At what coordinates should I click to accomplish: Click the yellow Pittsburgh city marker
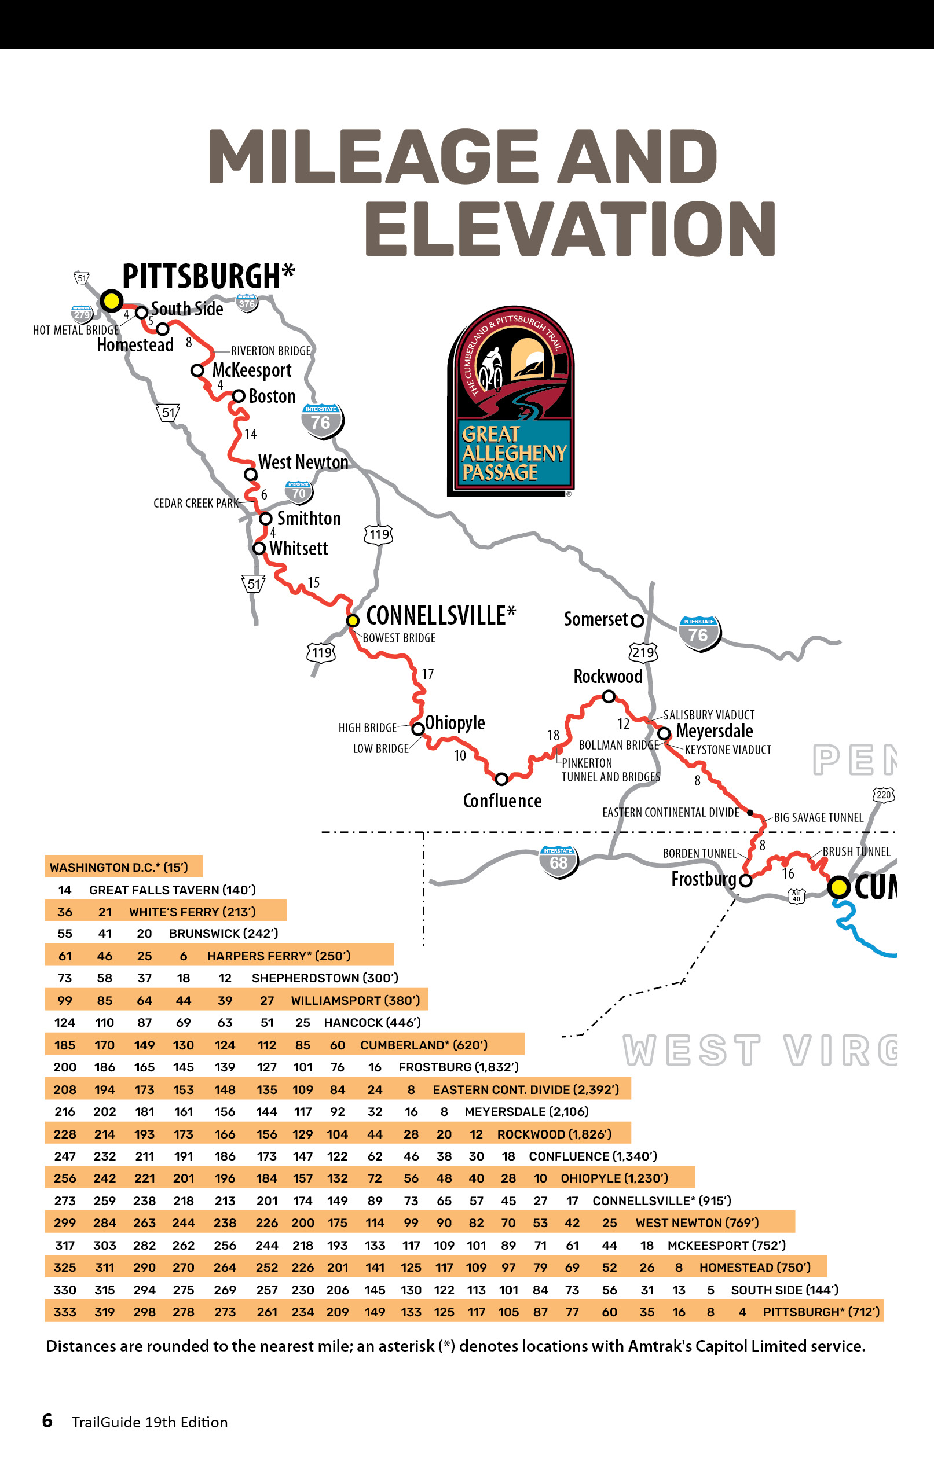coord(111,300)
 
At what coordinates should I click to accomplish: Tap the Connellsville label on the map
coord(440,615)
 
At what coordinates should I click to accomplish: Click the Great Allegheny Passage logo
coord(511,401)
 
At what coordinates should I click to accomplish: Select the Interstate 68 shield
coord(558,861)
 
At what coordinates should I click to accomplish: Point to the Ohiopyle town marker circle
coord(417,728)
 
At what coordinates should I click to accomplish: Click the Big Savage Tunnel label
coord(818,817)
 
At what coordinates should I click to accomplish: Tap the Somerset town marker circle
coord(637,620)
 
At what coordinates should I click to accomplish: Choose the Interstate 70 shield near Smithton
coord(299,491)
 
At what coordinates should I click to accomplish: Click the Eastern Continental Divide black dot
coord(750,812)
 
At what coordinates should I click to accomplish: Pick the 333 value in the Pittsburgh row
coord(65,1312)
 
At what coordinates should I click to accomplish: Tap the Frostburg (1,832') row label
coord(458,1067)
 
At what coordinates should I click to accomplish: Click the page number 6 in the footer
coord(47,1421)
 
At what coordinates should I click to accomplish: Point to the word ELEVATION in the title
coord(570,228)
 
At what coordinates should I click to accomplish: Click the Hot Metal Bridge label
coord(76,330)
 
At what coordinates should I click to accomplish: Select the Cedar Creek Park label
coord(196,502)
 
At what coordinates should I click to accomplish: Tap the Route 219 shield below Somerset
coord(643,652)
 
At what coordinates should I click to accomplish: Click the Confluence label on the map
coord(502,801)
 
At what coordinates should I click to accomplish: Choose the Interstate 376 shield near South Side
coord(247,303)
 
